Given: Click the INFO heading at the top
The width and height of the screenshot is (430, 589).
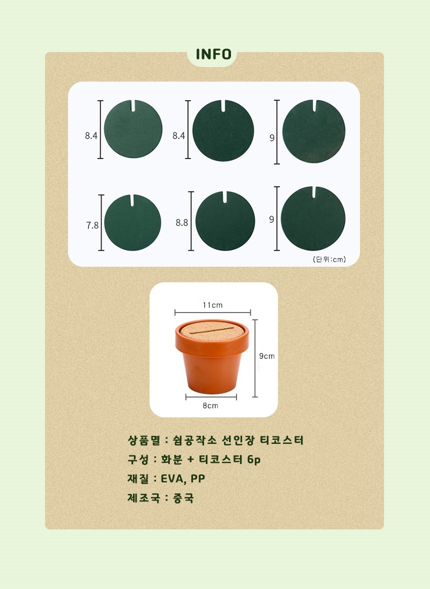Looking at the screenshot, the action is (x=213, y=54).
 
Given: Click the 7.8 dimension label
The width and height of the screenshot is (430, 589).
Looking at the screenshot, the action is (x=92, y=225).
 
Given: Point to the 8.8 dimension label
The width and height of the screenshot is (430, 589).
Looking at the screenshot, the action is (x=181, y=223).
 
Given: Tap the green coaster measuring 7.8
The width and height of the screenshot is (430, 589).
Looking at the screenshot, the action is (x=132, y=222).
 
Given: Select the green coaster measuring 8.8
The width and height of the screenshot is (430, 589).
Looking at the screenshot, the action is (x=225, y=221).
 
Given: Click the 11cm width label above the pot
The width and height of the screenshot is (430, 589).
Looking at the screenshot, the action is (x=212, y=305).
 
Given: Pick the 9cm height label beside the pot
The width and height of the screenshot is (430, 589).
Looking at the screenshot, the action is (x=267, y=356).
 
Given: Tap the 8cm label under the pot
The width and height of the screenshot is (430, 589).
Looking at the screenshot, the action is (x=210, y=406).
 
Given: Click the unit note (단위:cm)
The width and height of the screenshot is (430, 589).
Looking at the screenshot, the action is (x=329, y=259).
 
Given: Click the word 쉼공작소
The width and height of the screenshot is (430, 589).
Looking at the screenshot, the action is (x=194, y=440).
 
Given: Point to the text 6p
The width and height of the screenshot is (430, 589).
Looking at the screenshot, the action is (x=253, y=459).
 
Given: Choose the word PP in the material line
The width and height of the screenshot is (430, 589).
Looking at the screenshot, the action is (x=197, y=479).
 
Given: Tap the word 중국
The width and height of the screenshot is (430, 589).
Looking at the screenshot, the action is (x=183, y=498).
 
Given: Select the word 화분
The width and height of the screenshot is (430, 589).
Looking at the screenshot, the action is (x=171, y=459).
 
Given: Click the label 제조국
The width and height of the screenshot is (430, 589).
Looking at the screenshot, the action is (x=143, y=498).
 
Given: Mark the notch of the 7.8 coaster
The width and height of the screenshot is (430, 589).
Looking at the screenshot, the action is (x=132, y=200).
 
